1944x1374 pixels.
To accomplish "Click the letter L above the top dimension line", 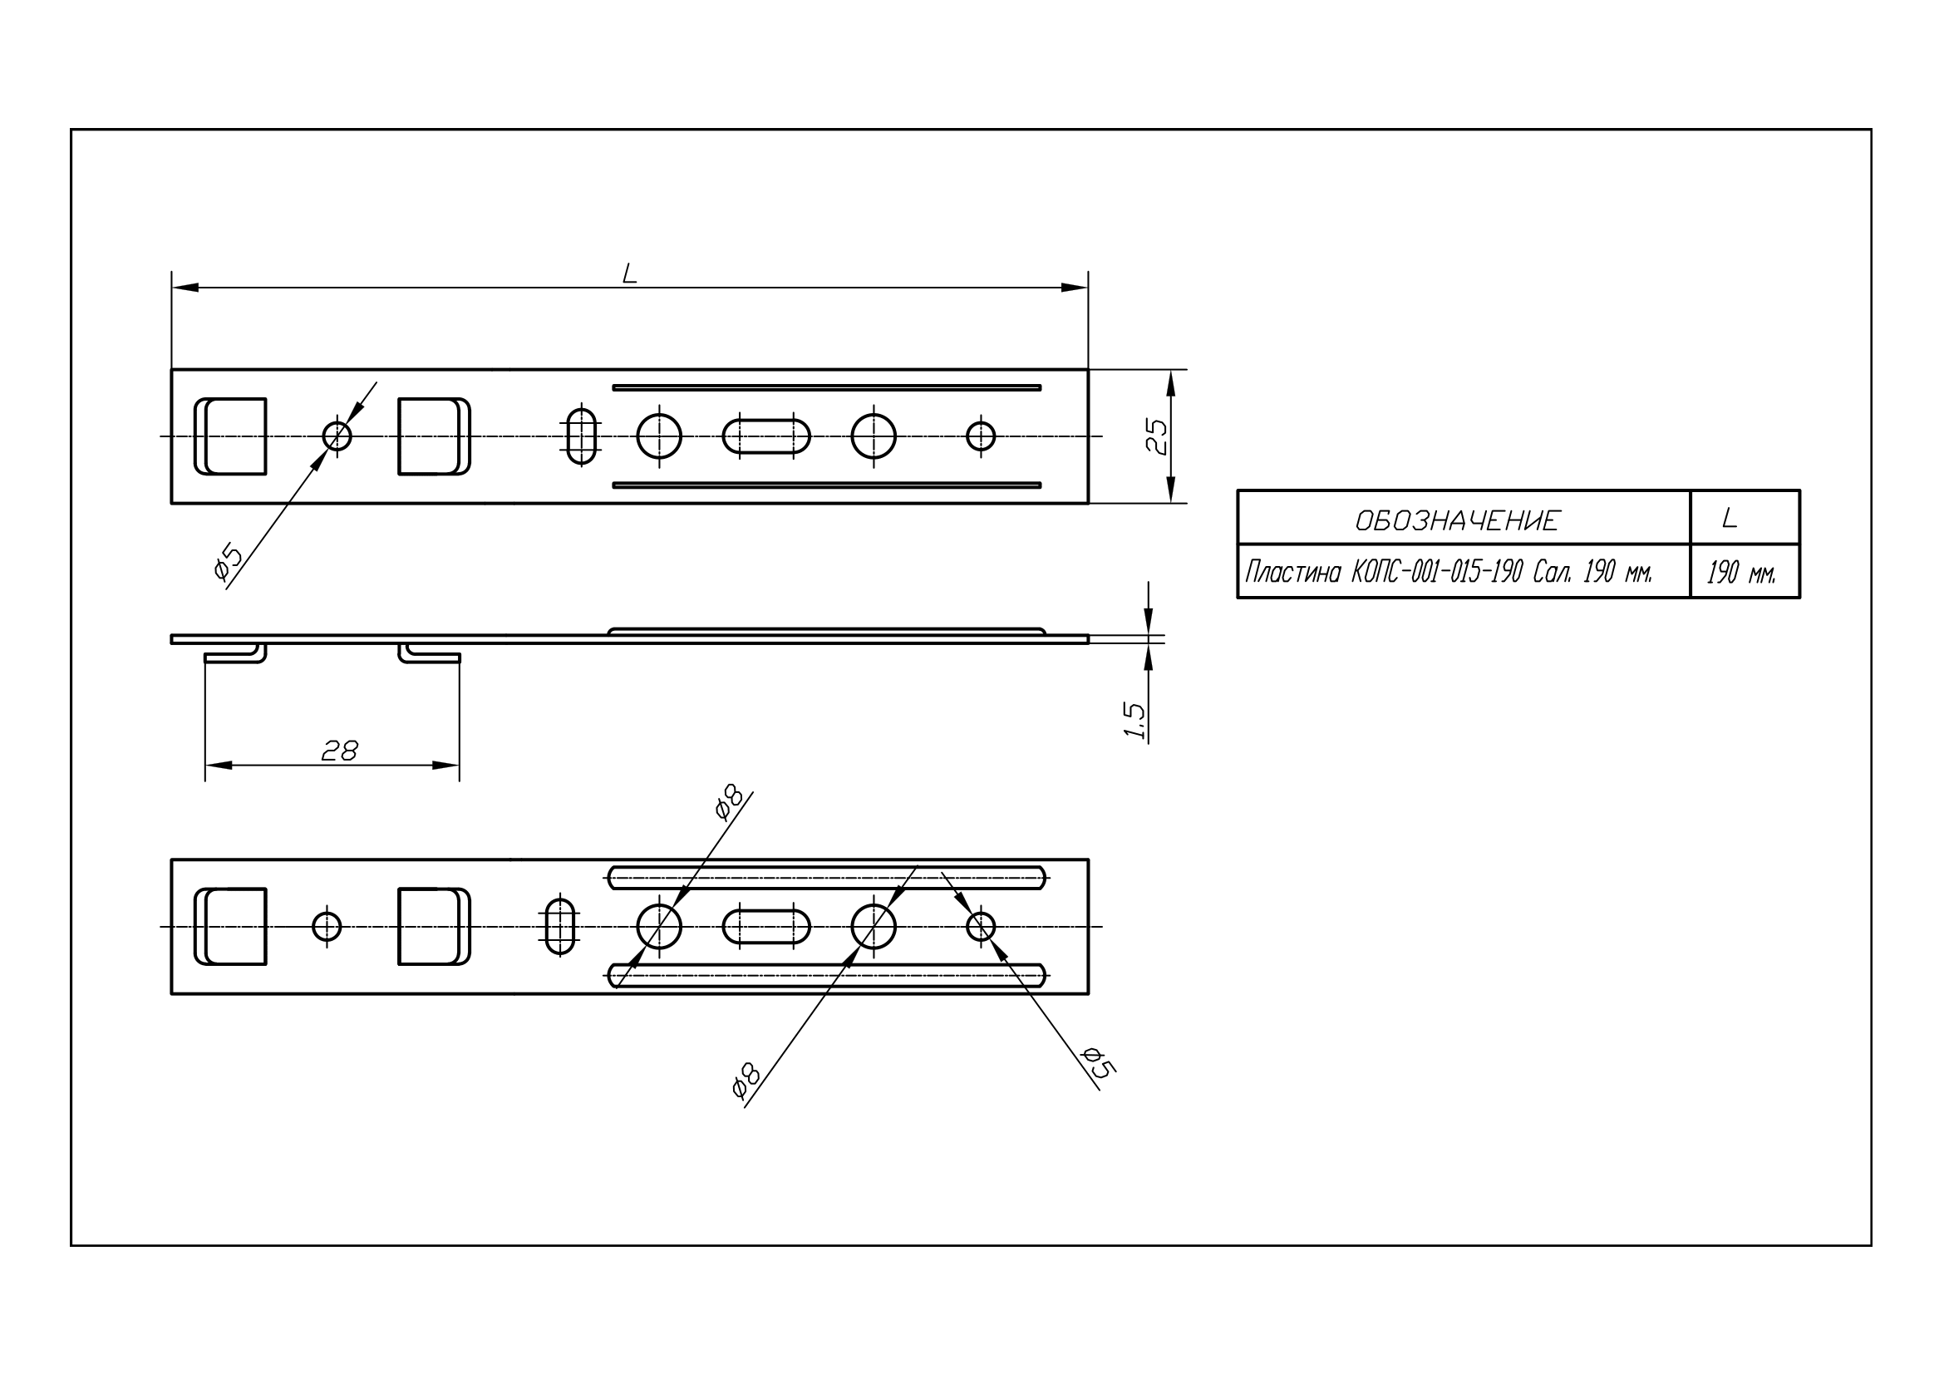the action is point(629,273).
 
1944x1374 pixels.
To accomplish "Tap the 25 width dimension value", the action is point(1157,437).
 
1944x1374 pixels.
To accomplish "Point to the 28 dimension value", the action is point(340,750).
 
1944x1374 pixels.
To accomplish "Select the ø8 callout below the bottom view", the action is point(746,1081).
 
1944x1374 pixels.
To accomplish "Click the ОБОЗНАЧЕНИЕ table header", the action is point(1456,520).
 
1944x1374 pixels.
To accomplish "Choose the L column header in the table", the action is point(1730,518).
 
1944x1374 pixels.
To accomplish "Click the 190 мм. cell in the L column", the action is point(1741,574).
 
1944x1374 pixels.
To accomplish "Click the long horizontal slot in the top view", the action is point(766,437).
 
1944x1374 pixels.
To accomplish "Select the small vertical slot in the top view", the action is point(581,437).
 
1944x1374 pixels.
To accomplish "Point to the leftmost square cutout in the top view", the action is point(230,437).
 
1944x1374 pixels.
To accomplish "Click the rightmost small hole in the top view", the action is point(981,437).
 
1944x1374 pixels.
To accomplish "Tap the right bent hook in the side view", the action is point(429,654).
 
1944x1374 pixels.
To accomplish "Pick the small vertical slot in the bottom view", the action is point(559,926).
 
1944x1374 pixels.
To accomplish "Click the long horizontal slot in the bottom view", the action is point(766,926).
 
